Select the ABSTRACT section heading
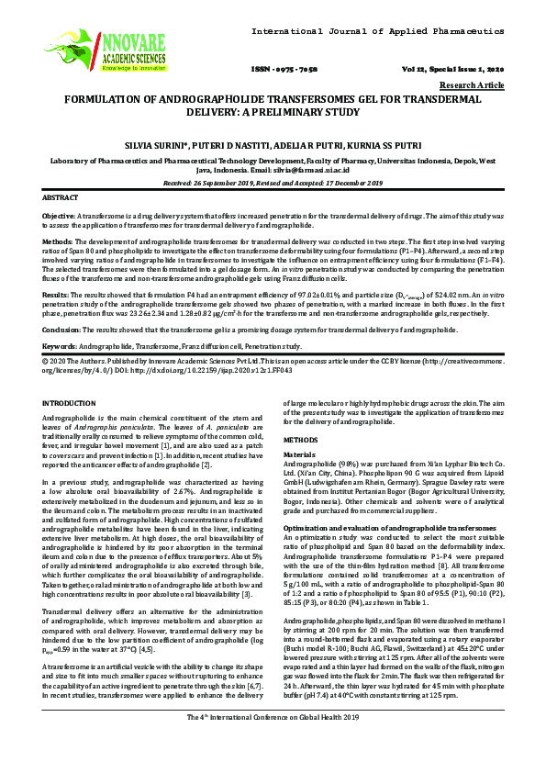coord(61,198)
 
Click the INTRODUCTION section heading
coord(72,404)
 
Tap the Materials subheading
coord(299,454)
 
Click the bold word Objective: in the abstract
coord(60,214)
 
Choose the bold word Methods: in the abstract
coord(58,241)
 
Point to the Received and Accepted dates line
coord(273,184)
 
